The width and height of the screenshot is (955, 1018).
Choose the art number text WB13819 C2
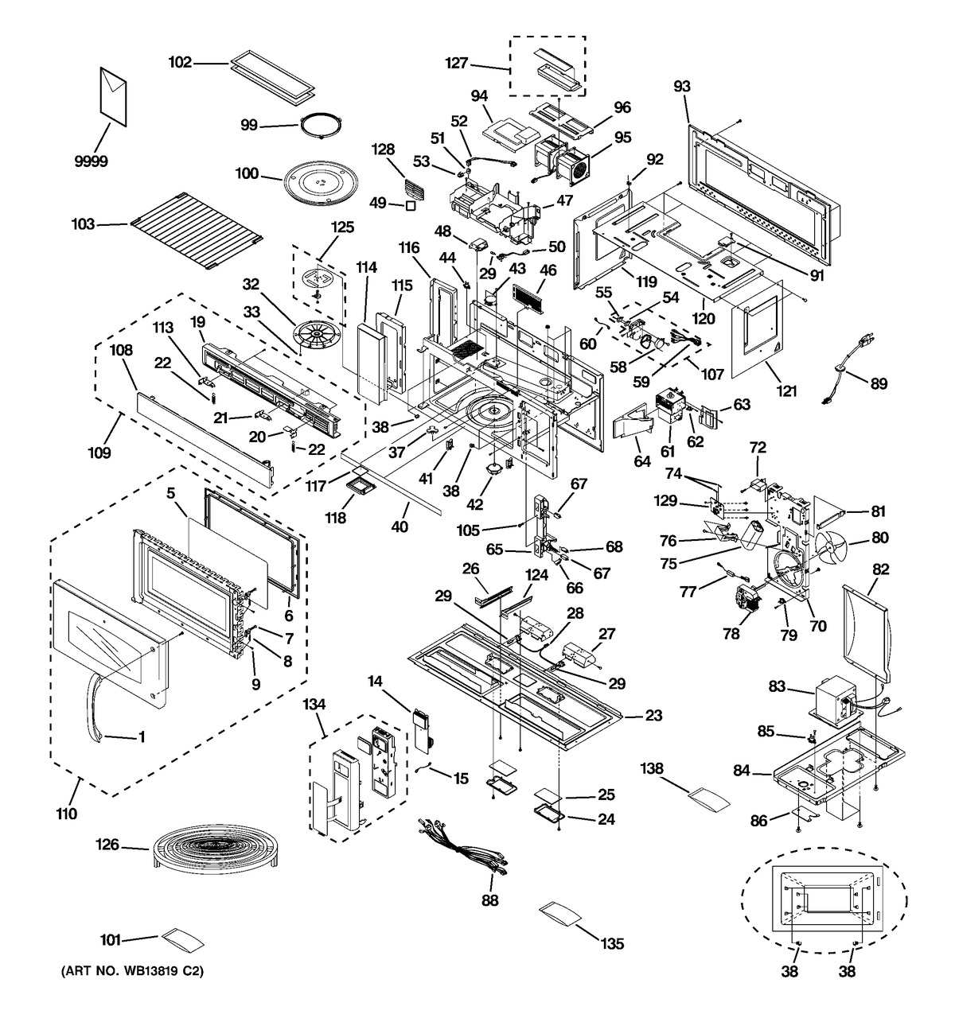128,973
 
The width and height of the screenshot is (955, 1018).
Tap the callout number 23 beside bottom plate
653,716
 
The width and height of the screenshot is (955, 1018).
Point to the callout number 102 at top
181,62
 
